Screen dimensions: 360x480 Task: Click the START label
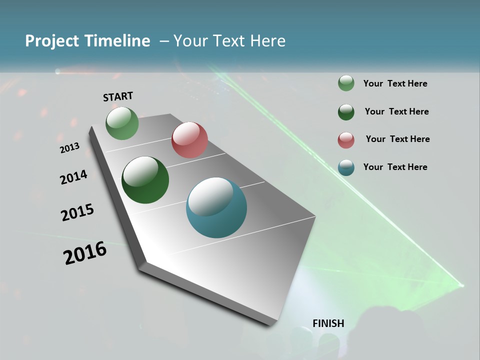[x=118, y=96]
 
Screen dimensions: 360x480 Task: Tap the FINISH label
[x=328, y=323]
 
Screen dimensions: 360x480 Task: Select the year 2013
[x=69, y=148]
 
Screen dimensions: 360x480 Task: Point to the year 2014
[x=73, y=177]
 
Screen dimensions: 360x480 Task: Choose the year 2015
[x=77, y=212]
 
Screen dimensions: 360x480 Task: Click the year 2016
[x=85, y=253]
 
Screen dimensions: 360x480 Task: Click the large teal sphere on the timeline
[x=216, y=207]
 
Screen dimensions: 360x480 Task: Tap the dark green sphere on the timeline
[x=145, y=180]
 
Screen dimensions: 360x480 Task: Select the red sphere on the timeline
[x=189, y=140]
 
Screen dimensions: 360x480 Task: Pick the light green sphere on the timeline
[x=122, y=123]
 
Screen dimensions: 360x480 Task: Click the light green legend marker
[x=346, y=83]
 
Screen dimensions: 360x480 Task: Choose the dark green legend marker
[x=346, y=111]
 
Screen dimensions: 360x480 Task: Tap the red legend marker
[x=346, y=139]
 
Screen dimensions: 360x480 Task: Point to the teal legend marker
[x=346, y=167]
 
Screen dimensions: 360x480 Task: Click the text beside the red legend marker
[x=397, y=139]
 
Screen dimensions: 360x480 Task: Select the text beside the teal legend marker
[x=395, y=167]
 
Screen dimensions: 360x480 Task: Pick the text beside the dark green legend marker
[x=396, y=111]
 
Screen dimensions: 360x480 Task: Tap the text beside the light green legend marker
[x=395, y=83]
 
